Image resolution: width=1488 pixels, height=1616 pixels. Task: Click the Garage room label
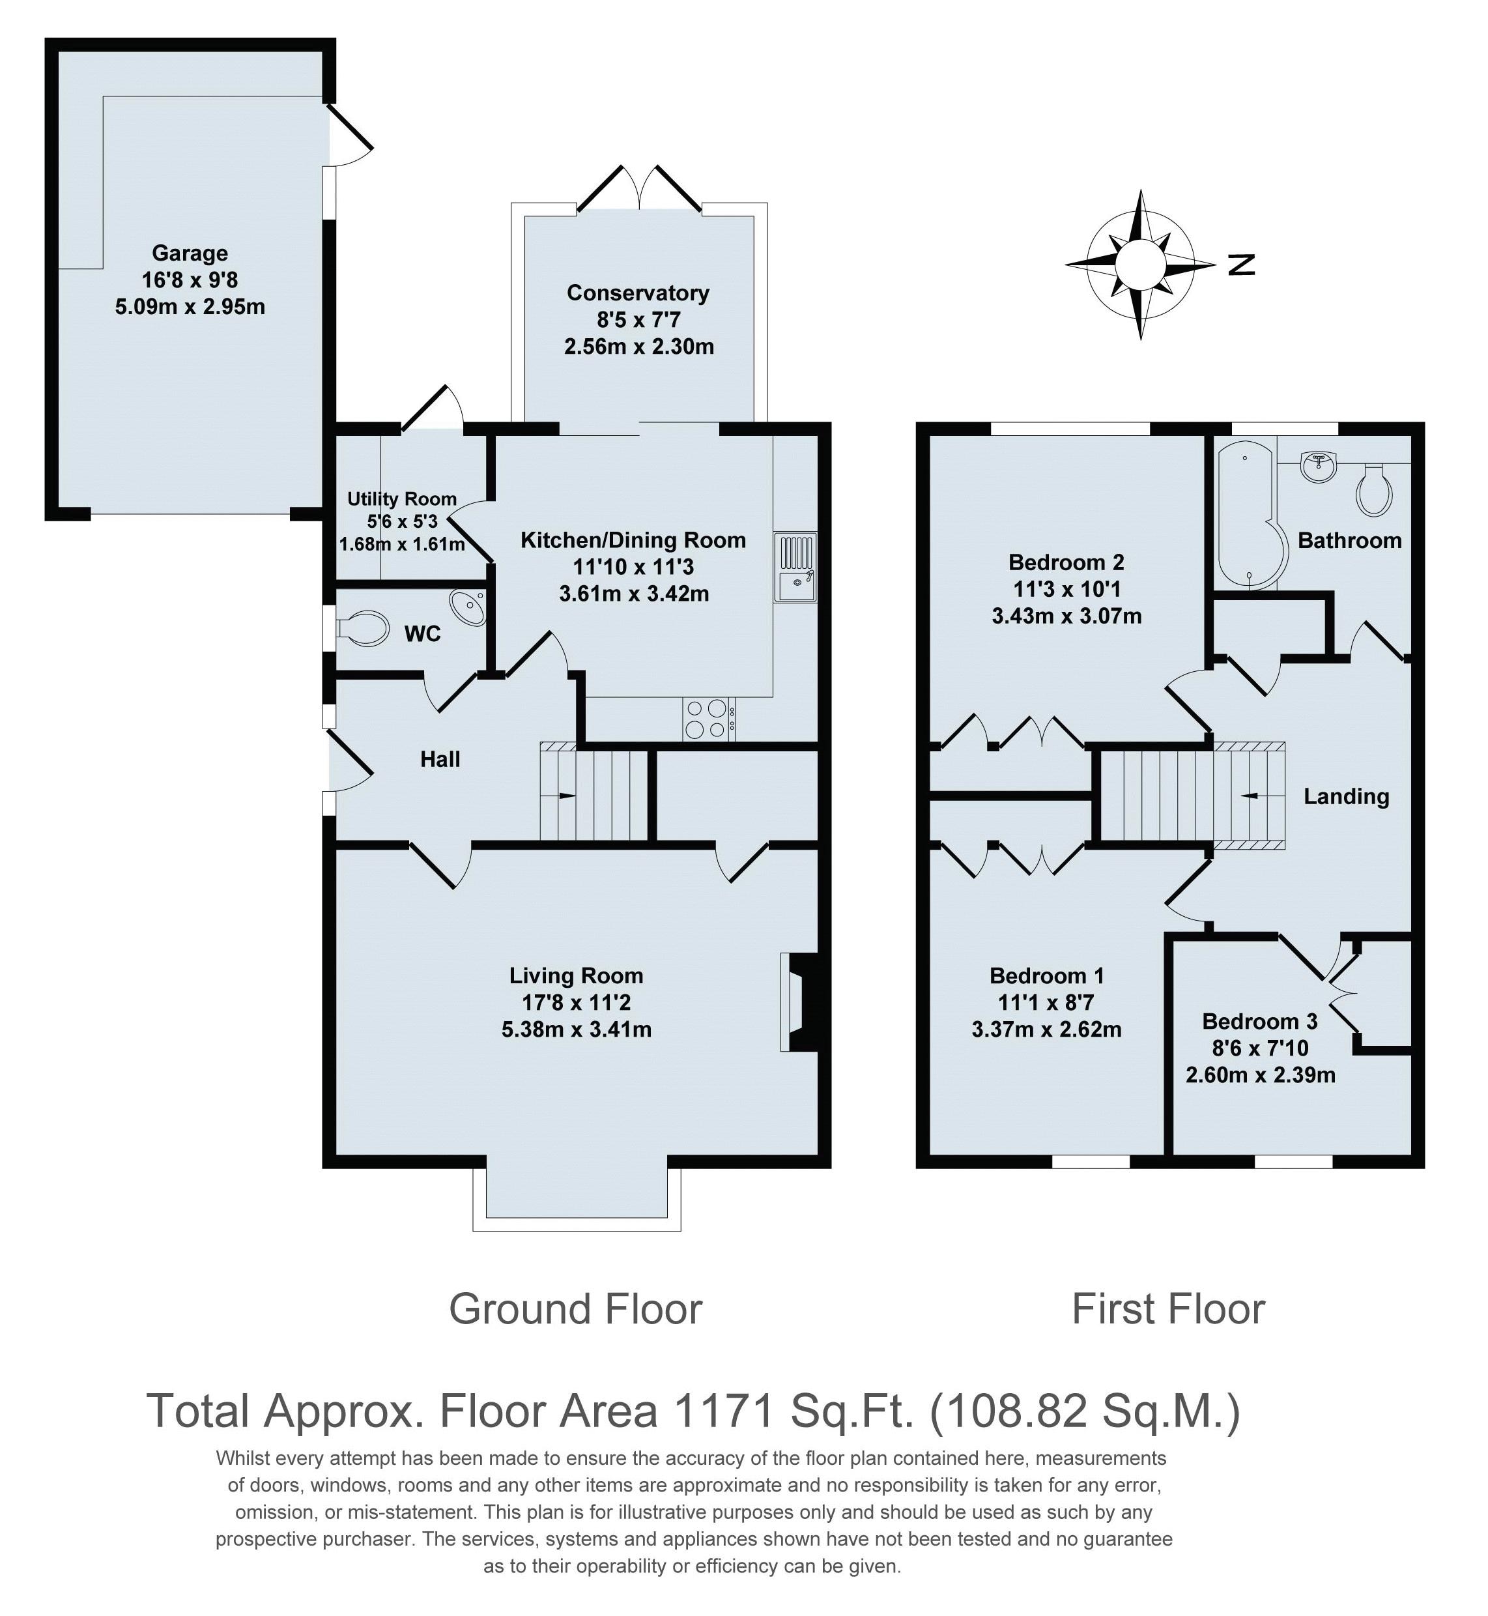[x=190, y=253]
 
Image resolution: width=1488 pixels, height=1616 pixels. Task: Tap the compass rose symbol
[x=1139, y=264]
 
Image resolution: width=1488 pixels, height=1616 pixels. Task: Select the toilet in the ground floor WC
[x=362, y=628]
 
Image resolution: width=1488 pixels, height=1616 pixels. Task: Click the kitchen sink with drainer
[x=795, y=567]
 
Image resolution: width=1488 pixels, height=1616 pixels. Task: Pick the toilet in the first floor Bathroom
[x=1373, y=491]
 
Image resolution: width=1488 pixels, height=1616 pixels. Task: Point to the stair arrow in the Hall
[x=567, y=796]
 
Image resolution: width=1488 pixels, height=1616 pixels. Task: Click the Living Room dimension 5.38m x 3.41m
[x=576, y=1029]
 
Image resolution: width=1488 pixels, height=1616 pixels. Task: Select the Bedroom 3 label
[x=1259, y=1021]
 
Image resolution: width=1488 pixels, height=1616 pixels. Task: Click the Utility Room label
[x=402, y=498]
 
